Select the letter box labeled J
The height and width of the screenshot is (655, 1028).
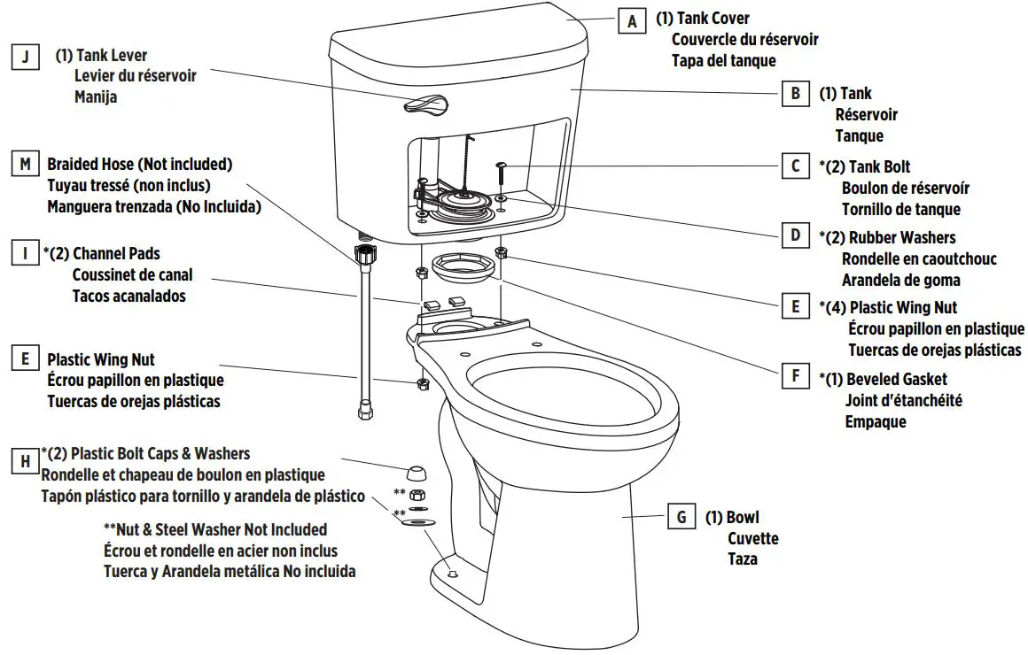click(x=26, y=58)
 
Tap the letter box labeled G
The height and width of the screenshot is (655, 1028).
click(x=681, y=517)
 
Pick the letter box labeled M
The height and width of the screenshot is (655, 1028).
click(x=26, y=165)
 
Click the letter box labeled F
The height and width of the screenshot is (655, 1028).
click(x=795, y=376)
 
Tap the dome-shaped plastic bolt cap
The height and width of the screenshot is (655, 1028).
click(x=416, y=469)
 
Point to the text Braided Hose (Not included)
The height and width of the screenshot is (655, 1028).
click(x=139, y=165)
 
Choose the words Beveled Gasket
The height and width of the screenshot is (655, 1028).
click(x=896, y=379)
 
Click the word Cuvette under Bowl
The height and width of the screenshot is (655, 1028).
click(x=752, y=538)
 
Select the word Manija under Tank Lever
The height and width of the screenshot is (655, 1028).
click(x=96, y=97)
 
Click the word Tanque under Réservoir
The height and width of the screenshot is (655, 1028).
click(x=859, y=135)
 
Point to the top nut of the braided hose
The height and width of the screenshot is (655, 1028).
click(x=362, y=252)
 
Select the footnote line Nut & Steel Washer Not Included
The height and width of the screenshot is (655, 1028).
click(x=215, y=529)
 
